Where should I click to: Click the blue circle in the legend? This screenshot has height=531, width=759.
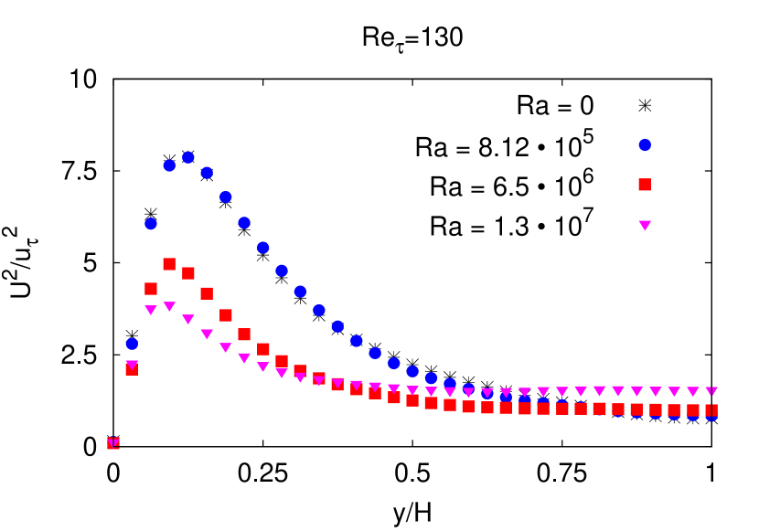pos(645,144)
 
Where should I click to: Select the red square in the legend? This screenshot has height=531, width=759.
pos(645,185)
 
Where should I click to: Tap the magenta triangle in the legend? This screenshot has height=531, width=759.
pos(645,225)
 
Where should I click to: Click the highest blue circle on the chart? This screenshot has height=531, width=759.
pos(188,157)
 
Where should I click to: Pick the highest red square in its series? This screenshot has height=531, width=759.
pos(169,264)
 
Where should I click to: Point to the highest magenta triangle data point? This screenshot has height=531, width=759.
pos(169,306)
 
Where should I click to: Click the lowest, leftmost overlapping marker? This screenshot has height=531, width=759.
pos(113,442)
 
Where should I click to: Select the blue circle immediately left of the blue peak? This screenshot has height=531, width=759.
pos(169,165)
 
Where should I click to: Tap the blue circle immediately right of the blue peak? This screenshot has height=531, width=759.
pos(207,173)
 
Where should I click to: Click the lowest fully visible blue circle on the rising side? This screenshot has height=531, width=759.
pos(132,344)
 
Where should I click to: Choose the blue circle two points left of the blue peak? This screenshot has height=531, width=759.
pos(151,224)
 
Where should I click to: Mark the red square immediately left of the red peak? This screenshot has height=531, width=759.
pos(151,289)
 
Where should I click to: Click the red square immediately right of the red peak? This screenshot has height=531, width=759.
pos(188,273)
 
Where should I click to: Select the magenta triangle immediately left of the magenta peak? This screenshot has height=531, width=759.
pos(151,310)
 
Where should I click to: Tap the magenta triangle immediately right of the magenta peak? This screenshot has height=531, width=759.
pos(188,319)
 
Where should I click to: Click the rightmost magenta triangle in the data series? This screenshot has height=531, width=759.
pos(712,391)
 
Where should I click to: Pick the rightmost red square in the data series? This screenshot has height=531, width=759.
pos(712,410)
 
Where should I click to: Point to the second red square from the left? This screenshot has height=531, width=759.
pos(132,369)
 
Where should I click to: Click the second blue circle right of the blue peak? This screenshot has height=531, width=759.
pos(226,196)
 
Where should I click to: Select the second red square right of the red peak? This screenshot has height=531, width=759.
pos(207,293)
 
